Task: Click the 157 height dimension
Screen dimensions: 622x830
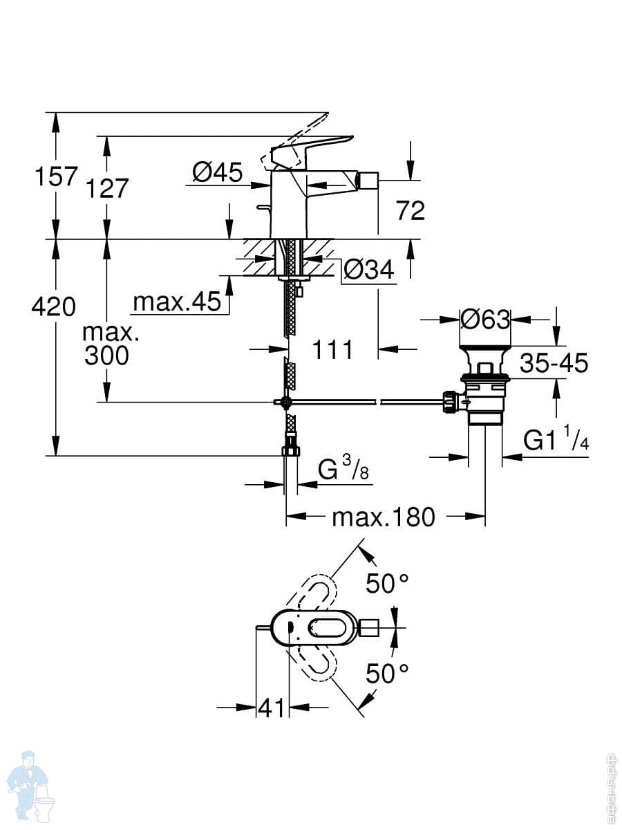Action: coord(56,176)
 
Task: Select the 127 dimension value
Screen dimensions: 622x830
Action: coord(107,188)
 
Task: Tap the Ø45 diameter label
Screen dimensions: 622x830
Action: coord(218,172)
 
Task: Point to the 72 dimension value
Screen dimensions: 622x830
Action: coord(411,210)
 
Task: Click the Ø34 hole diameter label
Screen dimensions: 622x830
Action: coord(368,269)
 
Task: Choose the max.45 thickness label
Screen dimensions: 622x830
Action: coord(177,302)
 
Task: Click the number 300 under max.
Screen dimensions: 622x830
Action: coord(106,356)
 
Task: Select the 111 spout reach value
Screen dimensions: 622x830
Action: coord(332,349)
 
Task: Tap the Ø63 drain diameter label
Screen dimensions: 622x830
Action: coord(485,319)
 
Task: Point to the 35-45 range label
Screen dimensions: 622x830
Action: coord(554,363)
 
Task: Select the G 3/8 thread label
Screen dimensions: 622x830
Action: coord(343,469)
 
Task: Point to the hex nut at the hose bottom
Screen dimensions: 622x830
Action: coord(291,451)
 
